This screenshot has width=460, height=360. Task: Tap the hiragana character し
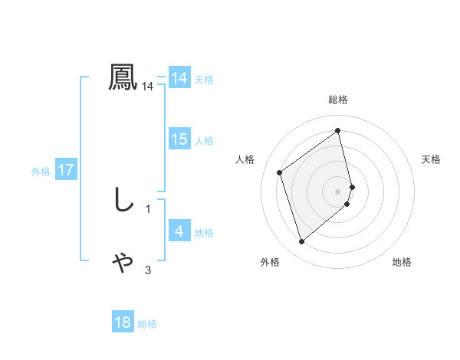123,200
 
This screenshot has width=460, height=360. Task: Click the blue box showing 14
179,78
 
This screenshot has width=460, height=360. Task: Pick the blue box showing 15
179,139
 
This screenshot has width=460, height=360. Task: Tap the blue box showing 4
179,231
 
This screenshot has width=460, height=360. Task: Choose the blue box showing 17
66,170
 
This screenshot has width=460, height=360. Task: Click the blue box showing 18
123,322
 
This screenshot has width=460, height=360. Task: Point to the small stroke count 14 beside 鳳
148,87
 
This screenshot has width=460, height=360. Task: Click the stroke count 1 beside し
148,208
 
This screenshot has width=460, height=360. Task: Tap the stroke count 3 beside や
148,270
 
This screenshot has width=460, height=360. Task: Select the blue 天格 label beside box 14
204,80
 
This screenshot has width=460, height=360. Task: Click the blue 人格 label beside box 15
204,141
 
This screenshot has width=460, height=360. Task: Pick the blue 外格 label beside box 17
41,172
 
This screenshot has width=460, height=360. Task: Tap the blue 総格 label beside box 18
147,324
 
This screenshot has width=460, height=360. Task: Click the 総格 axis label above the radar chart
338,100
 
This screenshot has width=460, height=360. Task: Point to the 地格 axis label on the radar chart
402,262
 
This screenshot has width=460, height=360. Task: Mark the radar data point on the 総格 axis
338,130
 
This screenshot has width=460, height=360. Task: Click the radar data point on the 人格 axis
280,172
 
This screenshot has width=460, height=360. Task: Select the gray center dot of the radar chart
338,190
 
